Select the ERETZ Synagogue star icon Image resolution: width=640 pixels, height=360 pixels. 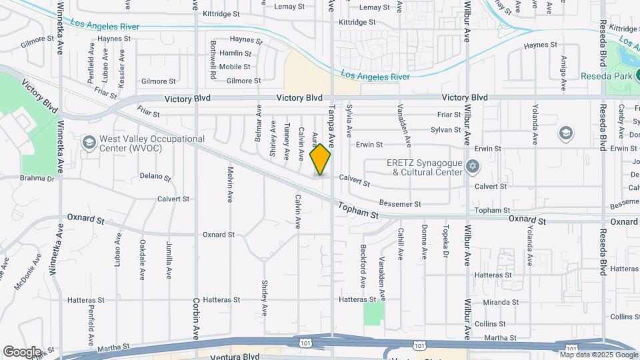[x=473, y=165]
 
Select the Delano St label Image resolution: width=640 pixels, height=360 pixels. [x=155, y=178]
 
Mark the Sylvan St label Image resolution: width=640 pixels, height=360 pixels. [x=446, y=130]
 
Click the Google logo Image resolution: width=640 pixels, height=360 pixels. [x=22, y=351]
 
